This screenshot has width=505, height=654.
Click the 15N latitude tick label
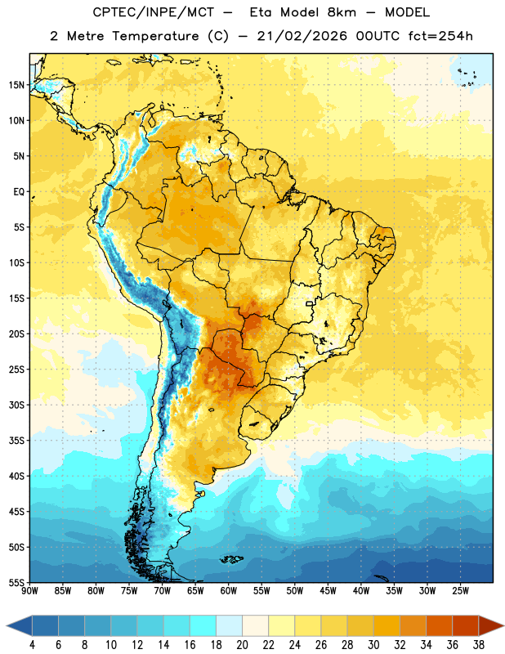(x=16, y=85)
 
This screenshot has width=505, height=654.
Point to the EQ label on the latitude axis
(x=19, y=192)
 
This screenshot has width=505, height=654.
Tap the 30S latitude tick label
(x=16, y=405)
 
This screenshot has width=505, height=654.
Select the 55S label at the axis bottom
(x=16, y=582)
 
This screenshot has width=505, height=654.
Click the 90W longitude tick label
(x=30, y=590)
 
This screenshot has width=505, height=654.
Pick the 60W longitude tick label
(x=229, y=590)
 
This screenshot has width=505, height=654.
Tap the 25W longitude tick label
(x=460, y=590)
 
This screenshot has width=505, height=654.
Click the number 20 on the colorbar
(x=242, y=645)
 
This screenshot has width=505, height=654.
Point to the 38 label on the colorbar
(x=479, y=645)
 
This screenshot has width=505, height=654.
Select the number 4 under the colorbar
(x=32, y=645)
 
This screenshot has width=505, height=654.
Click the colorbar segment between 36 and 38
(x=466, y=625)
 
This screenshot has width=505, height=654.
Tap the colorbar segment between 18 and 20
(x=230, y=625)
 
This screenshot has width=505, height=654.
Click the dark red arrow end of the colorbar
(x=491, y=625)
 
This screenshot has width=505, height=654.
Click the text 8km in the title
(x=342, y=12)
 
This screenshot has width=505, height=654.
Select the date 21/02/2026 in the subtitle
(x=302, y=36)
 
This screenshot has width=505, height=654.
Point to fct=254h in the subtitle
(x=440, y=36)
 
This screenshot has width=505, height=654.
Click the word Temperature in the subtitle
(x=155, y=36)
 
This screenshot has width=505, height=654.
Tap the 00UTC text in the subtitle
(x=378, y=36)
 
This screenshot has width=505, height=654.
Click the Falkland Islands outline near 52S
(x=231, y=559)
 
